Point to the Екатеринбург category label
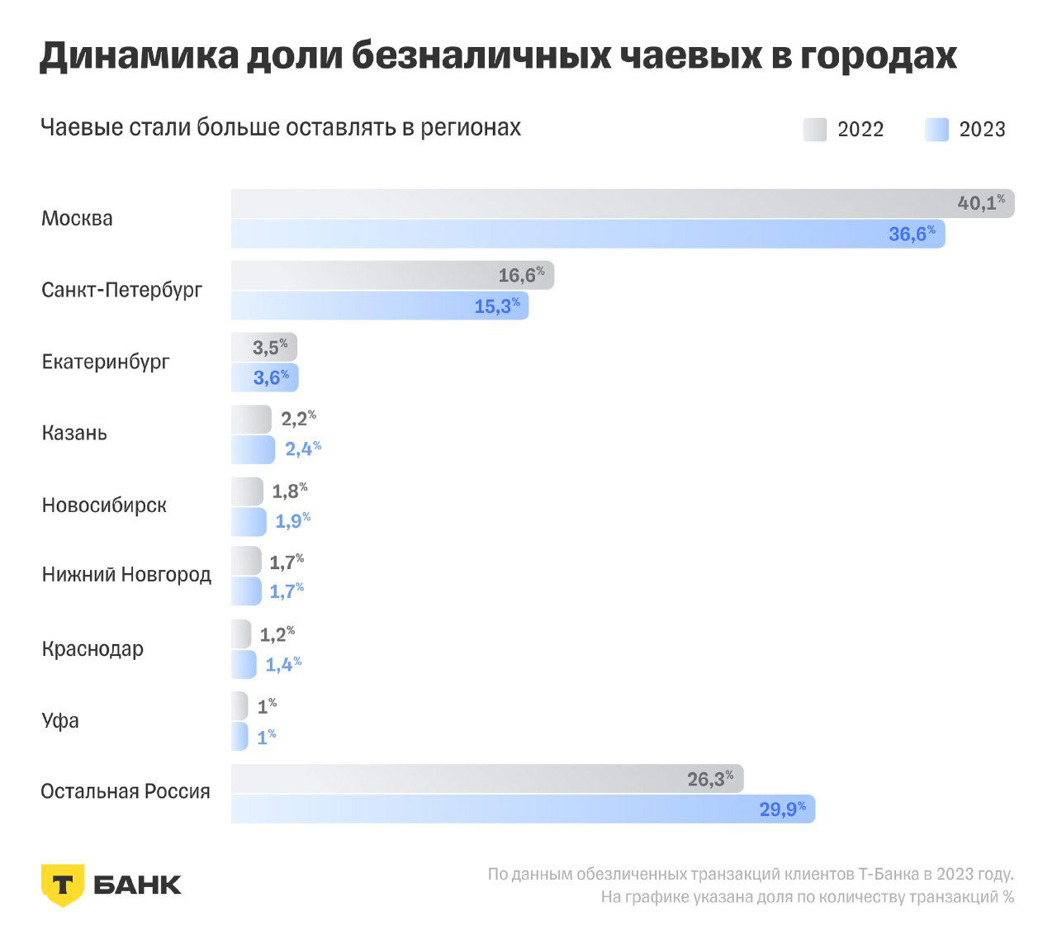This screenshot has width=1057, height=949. coord(106,362)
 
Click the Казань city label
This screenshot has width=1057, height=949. coord(74,433)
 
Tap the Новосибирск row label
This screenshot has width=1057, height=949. coord(104,505)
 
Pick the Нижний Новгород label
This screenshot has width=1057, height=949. coord(126,575)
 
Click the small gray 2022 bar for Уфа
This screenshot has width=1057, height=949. coord(239,705)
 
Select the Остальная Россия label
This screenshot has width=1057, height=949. coord(126,791)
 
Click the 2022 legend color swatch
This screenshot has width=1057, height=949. coord(814,130)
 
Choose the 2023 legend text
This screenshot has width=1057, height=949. coord(982,130)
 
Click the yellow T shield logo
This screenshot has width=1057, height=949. coord(62,885)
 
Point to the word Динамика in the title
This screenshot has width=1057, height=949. coord(137,56)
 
